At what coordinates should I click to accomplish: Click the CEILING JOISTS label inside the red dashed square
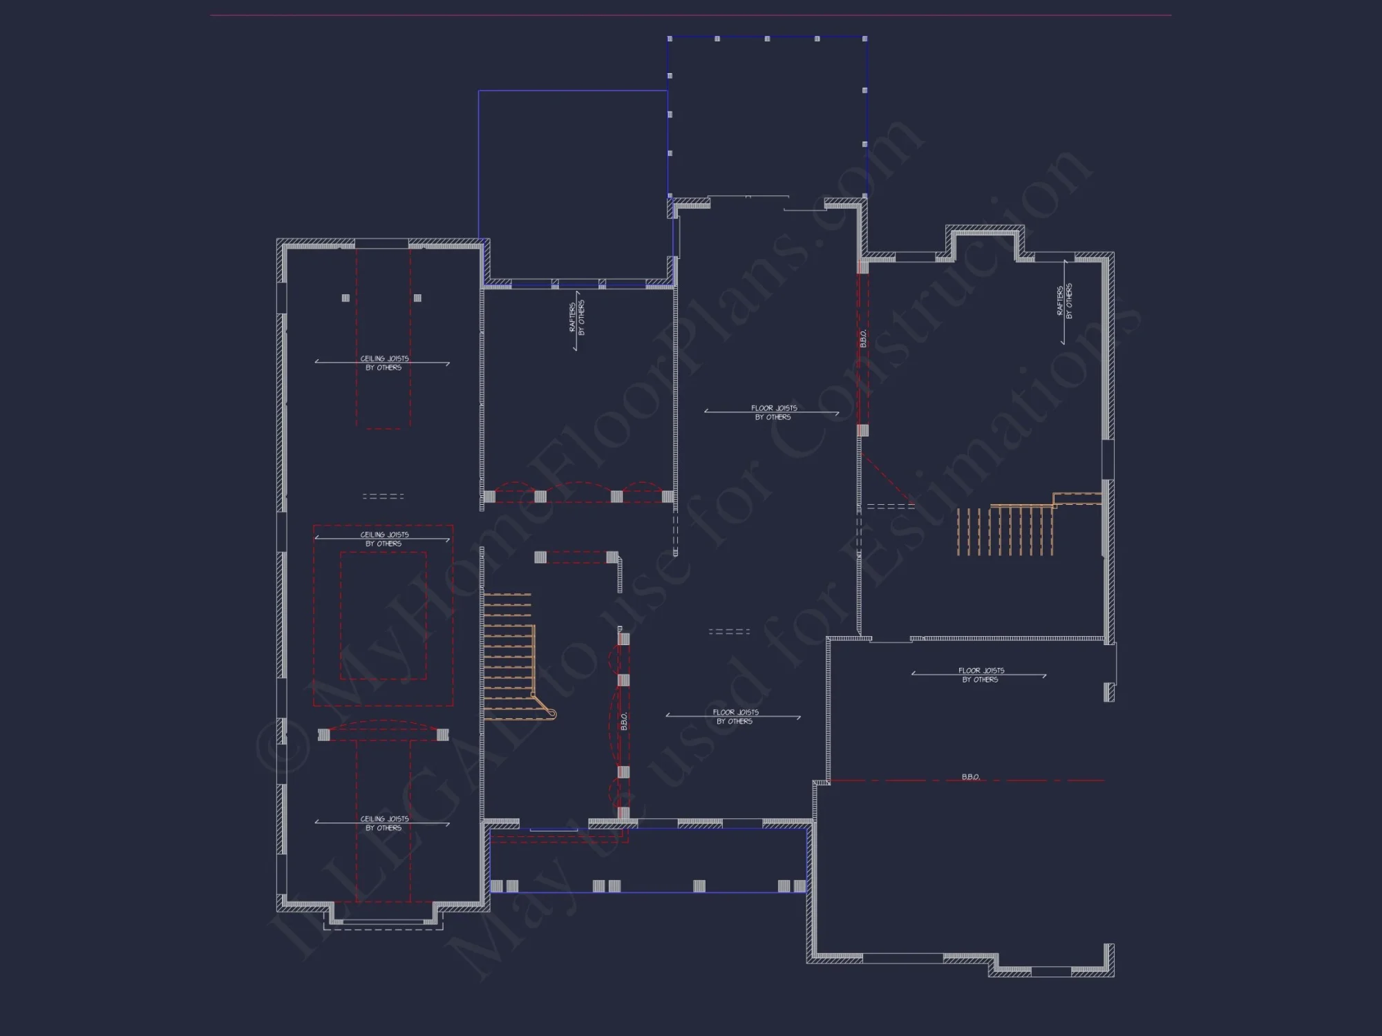coord(384,539)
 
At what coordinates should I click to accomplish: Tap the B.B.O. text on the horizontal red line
coord(970,777)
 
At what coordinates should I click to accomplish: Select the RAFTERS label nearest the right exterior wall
coord(1065,302)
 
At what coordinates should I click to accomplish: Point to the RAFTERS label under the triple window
coord(577,317)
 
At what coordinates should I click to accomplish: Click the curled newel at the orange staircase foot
coord(551,713)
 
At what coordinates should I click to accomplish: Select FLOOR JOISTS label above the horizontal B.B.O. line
coord(981,675)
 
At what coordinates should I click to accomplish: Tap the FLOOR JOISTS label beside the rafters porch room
coord(773,412)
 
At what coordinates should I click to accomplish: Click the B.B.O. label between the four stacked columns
coord(624,721)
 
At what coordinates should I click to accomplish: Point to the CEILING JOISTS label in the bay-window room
coord(384,823)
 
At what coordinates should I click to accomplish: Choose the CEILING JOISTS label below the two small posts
coord(384,363)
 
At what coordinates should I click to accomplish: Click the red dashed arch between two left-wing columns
coord(384,725)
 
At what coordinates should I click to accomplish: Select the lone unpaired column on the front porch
coord(699,886)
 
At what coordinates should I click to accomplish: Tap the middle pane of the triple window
coord(578,283)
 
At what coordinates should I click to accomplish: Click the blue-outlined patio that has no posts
coord(573,186)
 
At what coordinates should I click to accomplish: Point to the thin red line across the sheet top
coord(691,15)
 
